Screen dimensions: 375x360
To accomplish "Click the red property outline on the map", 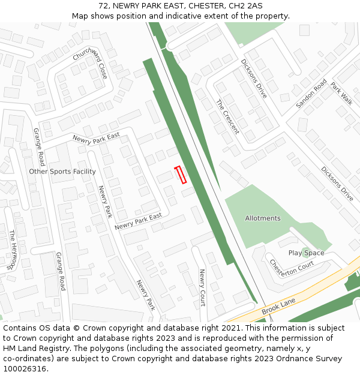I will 180,175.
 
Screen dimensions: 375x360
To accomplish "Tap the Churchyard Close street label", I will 91,63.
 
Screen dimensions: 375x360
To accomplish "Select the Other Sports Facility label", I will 62,172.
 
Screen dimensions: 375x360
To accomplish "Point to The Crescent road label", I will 227,117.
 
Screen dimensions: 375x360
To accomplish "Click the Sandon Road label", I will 311,94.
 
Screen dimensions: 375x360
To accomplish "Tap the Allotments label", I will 263,218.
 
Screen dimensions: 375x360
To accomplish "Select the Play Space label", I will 306,253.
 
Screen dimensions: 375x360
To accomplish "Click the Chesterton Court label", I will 292,265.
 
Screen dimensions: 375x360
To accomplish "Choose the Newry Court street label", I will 202,287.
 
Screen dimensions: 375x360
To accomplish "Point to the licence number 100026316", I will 26,369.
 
